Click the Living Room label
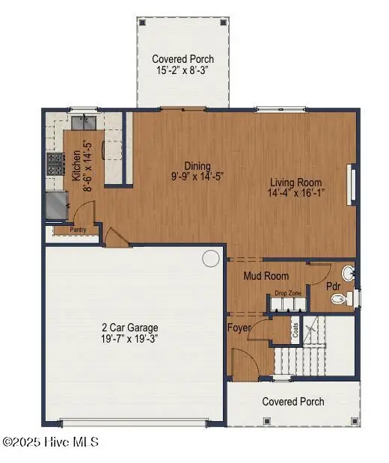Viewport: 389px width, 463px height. click(297, 183)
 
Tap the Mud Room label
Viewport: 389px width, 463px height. click(266, 276)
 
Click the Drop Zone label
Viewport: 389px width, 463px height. click(288, 293)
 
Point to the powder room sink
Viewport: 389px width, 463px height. click(349, 271)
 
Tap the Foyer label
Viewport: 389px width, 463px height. click(239, 328)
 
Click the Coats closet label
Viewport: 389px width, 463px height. click(295, 330)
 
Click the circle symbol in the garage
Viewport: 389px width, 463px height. click(211, 259)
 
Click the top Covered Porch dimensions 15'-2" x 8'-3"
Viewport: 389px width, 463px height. click(183, 70)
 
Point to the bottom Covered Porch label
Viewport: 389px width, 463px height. click(293, 402)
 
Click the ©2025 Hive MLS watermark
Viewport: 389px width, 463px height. click(49, 443)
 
